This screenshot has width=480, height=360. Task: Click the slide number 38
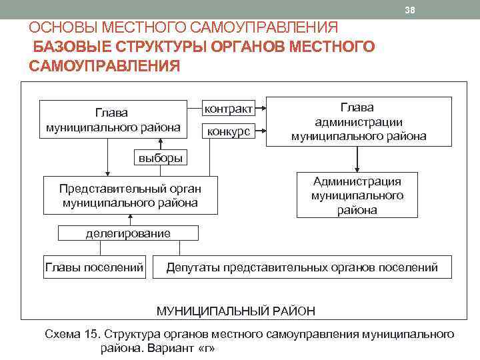(x=411, y=10)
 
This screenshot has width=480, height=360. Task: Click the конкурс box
(x=228, y=131)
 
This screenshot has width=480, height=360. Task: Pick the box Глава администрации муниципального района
(x=359, y=122)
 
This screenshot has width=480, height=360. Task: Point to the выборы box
(x=160, y=158)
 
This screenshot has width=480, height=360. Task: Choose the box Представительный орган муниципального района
(x=130, y=195)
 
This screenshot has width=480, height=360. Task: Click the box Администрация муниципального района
(x=357, y=195)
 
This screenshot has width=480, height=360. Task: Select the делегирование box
(x=128, y=233)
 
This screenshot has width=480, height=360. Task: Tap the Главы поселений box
(x=94, y=267)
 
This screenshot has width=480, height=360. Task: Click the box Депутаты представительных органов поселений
(x=302, y=267)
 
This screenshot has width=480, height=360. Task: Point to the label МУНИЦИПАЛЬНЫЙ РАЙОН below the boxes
(x=236, y=311)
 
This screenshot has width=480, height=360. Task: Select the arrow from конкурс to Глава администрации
(x=261, y=131)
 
